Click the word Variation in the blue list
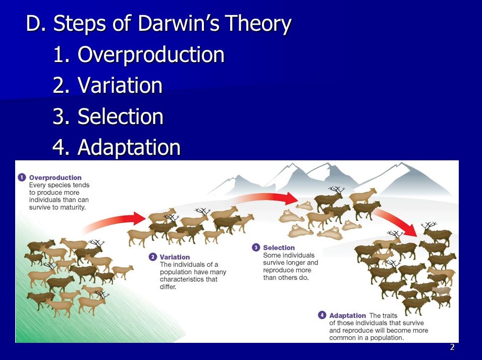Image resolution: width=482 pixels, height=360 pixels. (120, 85)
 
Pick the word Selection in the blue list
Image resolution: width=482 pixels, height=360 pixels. (120, 116)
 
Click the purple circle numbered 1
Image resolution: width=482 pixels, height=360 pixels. (22, 177)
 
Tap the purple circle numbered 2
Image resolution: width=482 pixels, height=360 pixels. (153, 257)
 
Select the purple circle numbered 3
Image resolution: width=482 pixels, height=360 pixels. (256, 247)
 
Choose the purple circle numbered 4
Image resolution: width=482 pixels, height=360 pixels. (322, 315)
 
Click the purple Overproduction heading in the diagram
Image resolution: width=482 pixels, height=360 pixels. (56, 177)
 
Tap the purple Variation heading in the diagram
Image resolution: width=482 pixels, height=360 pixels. (175, 257)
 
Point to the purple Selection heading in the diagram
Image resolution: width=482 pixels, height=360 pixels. (279, 248)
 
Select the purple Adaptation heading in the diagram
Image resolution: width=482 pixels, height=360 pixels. (347, 316)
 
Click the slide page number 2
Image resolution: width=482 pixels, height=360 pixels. (452, 347)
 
